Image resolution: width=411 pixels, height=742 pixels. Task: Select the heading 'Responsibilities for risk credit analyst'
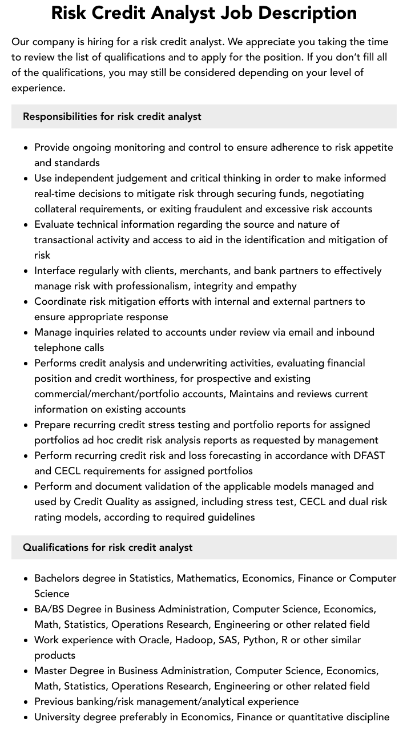tap(112, 116)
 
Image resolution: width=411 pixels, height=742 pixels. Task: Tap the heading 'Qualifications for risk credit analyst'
tap(108, 547)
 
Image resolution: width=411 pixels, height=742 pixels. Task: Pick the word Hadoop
tap(193, 640)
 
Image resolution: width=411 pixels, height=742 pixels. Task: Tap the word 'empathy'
tap(277, 286)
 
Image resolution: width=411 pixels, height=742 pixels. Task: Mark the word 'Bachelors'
tap(57, 578)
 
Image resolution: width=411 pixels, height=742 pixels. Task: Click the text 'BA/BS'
tap(49, 609)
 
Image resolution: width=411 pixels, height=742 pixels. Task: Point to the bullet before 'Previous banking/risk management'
tap(26, 702)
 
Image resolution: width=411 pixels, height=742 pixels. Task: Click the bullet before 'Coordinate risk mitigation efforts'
tap(26, 301)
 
